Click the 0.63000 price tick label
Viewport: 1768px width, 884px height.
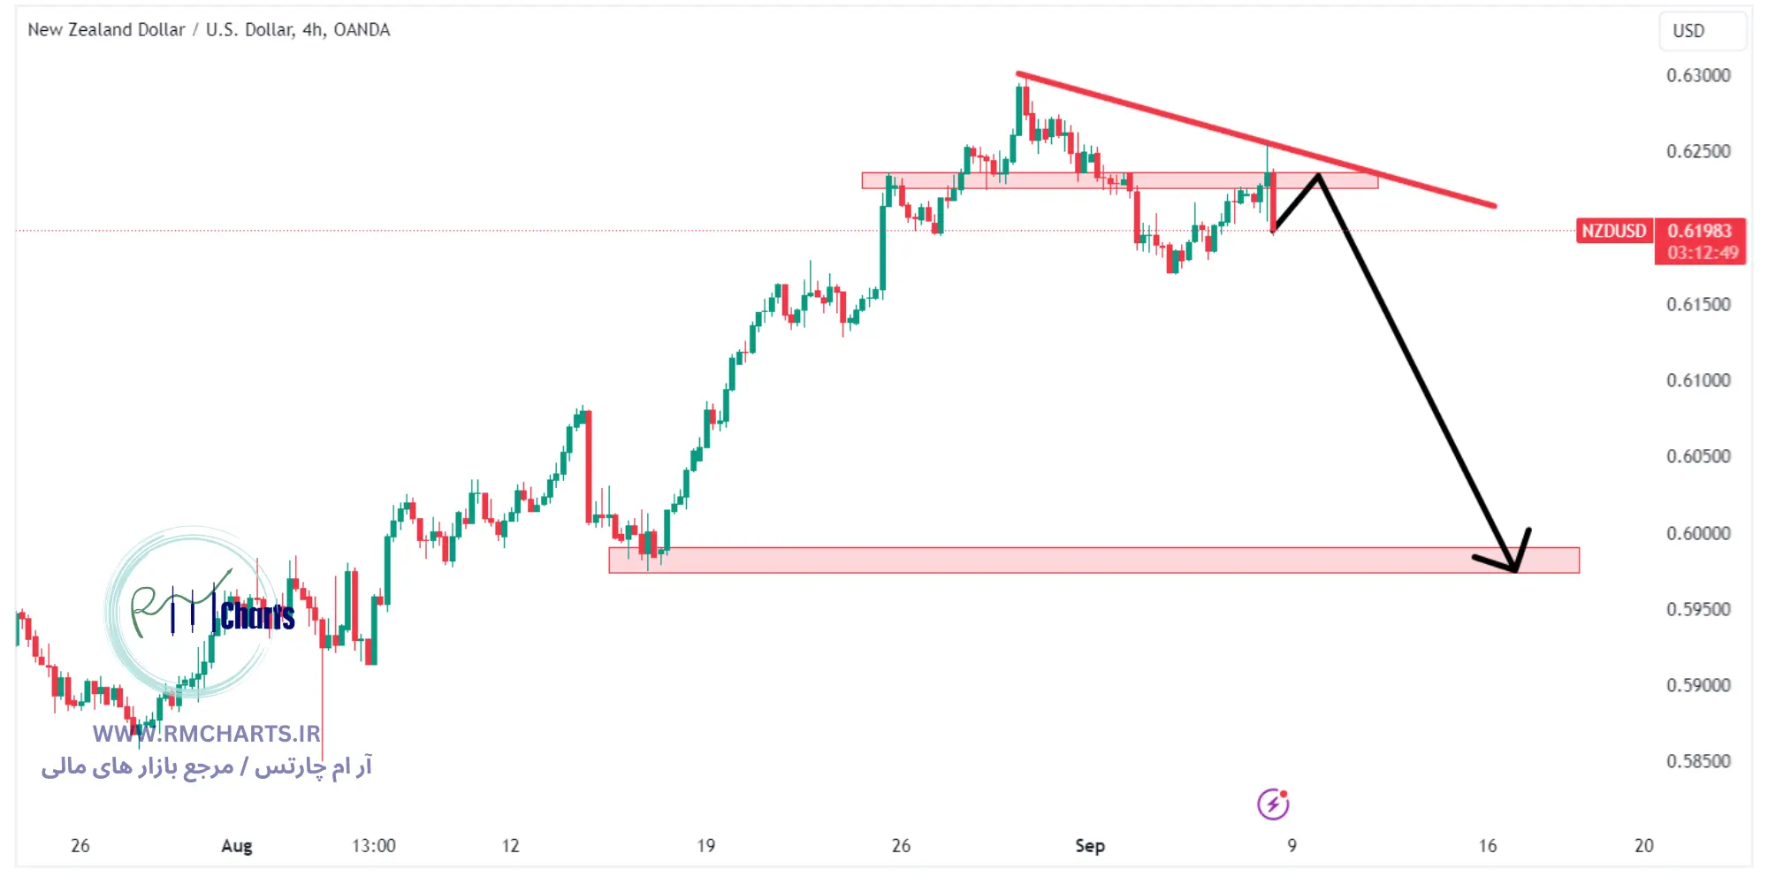click(1698, 75)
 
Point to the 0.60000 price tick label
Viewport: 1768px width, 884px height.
click(1698, 533)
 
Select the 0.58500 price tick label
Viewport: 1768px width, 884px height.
click(1698, 761)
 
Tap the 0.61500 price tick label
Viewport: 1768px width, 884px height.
click(1698, 304)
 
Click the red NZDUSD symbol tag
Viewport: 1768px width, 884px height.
click(1613, 231)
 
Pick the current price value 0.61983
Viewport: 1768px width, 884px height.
click(1699, 231)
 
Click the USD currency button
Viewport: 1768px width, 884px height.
click(1688, 31)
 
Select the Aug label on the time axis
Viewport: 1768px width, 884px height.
click(236, 846)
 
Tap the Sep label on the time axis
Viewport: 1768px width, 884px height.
click(1089, 846)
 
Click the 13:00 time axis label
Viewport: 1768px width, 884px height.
click(373, 846)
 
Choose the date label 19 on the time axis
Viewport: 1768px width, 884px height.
click(705, 846)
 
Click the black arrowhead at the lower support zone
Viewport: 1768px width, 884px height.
click(1513, 566)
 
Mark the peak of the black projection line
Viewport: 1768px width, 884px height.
click(1318, 175)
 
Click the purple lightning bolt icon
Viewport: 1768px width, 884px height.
click(1273, 804)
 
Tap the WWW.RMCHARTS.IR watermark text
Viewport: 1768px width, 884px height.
click(206, 734)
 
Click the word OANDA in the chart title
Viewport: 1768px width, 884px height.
click(362, 30)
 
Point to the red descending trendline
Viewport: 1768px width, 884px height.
click(1255, 140)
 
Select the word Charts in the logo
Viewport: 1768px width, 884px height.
click(257, 615)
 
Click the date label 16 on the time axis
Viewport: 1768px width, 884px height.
click(1488, 846)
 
